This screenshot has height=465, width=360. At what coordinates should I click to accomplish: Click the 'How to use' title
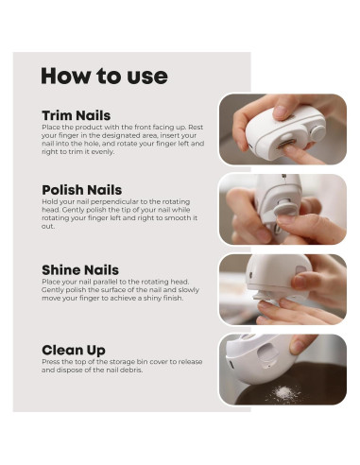point(104,76)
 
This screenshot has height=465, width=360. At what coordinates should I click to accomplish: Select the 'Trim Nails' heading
point(77,115)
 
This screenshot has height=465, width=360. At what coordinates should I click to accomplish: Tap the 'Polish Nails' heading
point(82,190)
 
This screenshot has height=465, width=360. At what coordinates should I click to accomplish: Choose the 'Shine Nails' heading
point(80,270)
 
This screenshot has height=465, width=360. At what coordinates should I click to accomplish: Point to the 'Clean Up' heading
point(74,350)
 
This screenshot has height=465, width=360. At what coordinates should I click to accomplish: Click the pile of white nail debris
point(284,393)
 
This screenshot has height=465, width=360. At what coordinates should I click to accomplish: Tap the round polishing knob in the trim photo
point(317,133)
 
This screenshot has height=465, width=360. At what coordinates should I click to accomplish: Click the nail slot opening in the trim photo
point(286,144)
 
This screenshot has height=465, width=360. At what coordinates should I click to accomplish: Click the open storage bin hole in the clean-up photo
point(267,354)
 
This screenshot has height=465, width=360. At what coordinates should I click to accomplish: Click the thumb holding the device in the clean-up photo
point(301,343)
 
